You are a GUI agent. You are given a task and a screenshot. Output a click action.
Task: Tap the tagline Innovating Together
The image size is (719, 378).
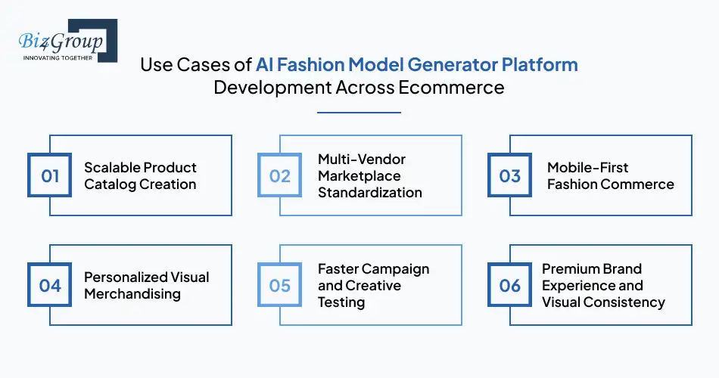[x=58, y=57]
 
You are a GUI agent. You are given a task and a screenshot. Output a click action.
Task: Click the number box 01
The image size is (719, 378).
[x=50, y=176]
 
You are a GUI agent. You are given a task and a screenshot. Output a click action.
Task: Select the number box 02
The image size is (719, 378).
[x=280, y=176]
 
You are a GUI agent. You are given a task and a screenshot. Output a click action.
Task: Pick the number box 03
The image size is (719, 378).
[x=510, y=176]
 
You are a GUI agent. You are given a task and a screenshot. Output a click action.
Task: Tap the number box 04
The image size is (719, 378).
[x=50, y=285]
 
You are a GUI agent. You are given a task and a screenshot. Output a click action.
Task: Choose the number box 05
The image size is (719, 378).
[x=280, y=285]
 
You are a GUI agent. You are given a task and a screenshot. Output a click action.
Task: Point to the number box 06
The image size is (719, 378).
[x=510, y=285]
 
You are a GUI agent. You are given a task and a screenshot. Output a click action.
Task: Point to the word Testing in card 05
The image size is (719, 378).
[x=341, y=302]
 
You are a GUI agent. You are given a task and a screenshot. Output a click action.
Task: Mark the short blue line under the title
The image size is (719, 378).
[x=359, y=113]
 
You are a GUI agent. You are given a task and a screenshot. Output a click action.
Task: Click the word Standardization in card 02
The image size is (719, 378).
[x=370, y=193]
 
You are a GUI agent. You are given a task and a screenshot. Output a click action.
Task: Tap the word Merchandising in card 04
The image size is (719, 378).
[x=132, y=293]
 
